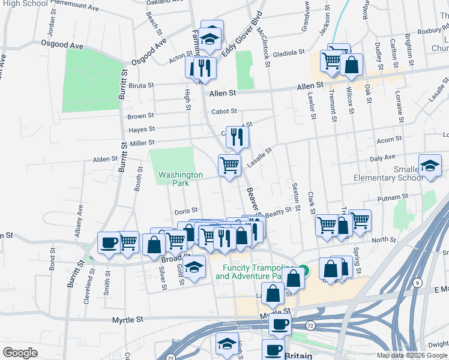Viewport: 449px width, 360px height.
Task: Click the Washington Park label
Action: tap(181, 179)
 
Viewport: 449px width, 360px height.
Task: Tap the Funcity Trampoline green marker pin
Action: tap(304, 271)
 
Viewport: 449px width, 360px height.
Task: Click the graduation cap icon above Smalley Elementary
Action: tap(430, 166)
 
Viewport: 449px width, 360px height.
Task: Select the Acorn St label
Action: tap(389, 140)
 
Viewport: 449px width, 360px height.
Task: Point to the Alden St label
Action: tap(104, 160)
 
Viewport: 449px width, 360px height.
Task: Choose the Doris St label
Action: tap(182, 212)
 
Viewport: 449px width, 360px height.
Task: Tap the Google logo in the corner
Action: tap(20, 353)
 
